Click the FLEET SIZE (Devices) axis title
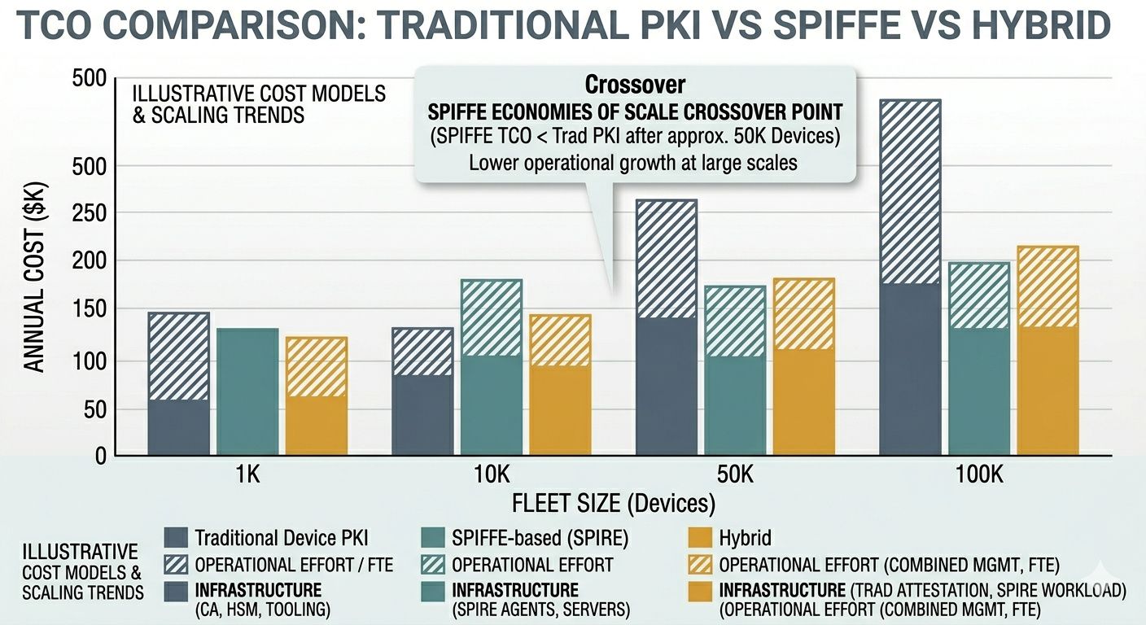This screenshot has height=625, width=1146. [614, 505]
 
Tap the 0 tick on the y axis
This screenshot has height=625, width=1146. [100, 457]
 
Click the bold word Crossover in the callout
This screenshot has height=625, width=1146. [635, 84]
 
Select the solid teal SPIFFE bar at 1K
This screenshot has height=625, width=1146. [247, 391]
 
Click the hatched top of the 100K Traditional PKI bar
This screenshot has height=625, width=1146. [910, 191]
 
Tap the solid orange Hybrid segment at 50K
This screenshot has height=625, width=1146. [803, 402]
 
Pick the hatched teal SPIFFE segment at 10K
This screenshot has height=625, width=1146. [491, 317]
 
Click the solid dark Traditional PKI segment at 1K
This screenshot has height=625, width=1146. [178, 427]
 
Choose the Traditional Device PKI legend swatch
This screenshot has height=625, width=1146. [176, 538]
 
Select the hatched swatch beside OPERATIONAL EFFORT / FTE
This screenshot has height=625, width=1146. [176, 565]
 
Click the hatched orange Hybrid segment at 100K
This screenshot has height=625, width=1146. [1048, 286]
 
